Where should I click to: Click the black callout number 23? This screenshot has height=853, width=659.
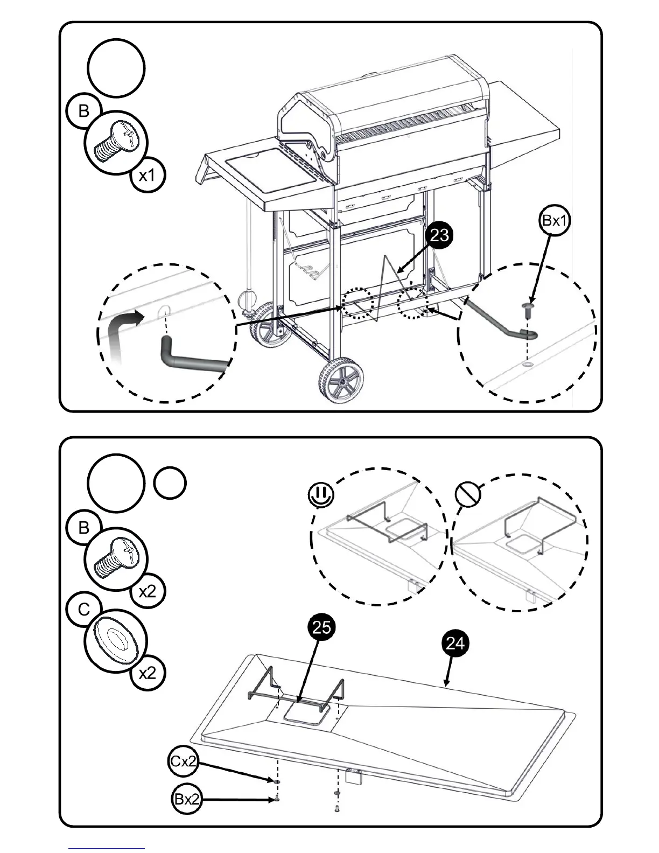click(440, 235)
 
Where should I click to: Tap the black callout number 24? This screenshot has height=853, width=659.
click(455, 644)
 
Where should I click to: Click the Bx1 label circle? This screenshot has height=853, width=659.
click(555, 220)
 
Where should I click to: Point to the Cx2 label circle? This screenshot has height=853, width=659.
click(183, 761)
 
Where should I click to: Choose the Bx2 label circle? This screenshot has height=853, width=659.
click(187, 799)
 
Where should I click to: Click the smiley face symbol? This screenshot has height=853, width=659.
click(321, 494)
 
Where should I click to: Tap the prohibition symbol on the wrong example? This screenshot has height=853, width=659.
click(467, 493)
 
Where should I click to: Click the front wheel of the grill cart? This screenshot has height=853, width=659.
click(340, 381)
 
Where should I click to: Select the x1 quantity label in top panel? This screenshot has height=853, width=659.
click(148, 176)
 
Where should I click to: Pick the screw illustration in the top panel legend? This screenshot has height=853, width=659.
click(115, 142)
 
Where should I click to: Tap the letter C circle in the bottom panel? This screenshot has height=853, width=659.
click(83, 610)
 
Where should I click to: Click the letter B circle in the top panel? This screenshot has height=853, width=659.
click(83, 111)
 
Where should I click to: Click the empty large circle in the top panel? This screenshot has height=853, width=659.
click(116, 68)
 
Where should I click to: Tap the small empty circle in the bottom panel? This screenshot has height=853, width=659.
click(170, 483)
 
